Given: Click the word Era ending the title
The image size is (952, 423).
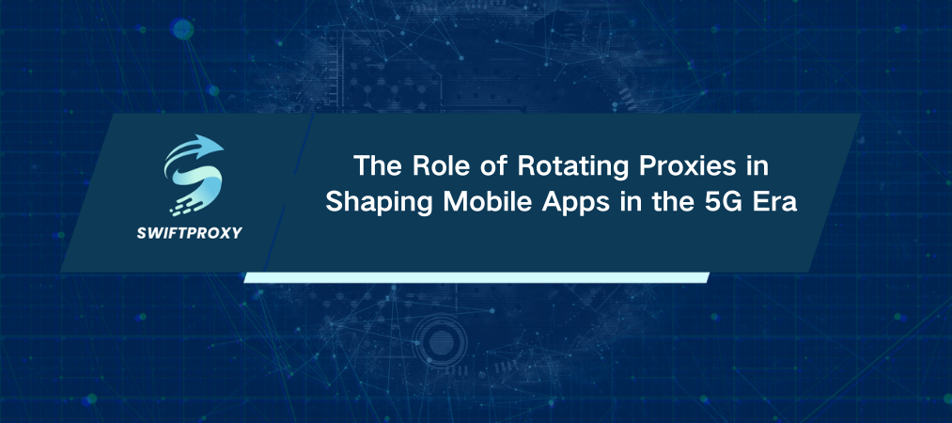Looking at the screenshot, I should coord(767,203).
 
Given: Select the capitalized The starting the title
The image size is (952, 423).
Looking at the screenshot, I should coord(380,166).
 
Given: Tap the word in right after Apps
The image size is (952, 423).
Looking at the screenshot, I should coord(610,203).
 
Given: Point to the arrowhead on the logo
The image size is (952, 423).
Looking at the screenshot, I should coord(213,146).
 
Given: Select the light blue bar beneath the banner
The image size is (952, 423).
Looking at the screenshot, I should coord(476,276).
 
